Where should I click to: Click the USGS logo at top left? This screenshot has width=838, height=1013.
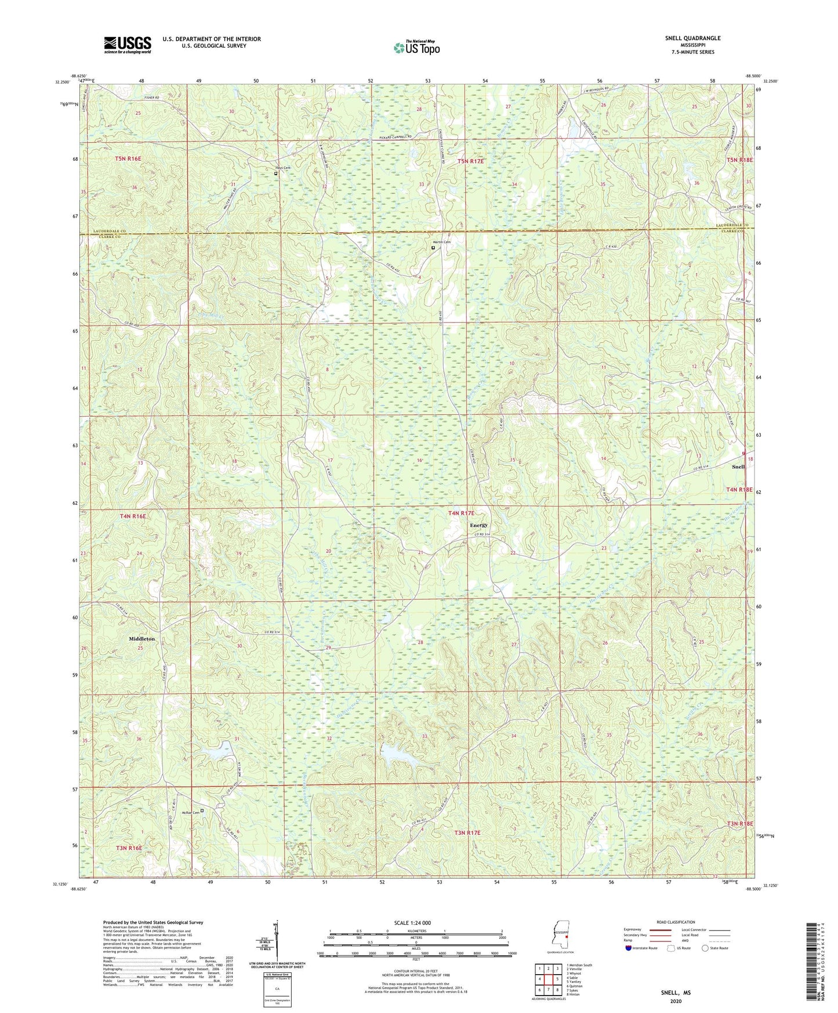coord(128,45)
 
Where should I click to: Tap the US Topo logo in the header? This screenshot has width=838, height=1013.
coord(416,48)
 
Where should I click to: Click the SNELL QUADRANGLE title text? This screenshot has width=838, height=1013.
coord(692,38)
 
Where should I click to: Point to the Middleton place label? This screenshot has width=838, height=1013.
coord(142,638)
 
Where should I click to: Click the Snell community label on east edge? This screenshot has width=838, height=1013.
coord(738,466)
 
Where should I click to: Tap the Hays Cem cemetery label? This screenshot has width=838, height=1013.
coord(282,168)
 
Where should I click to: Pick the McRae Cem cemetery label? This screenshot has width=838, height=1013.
coord(191,812)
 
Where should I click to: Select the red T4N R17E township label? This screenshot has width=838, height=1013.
coord(461,513)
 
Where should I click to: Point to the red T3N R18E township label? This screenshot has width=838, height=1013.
coord(739,823)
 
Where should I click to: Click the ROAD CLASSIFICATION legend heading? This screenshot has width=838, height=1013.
coord(675,922)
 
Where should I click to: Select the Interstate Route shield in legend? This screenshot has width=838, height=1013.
coord(630,948)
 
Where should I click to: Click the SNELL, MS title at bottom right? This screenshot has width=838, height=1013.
coord(676,993)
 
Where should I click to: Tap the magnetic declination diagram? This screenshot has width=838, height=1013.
coord(276,940)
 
